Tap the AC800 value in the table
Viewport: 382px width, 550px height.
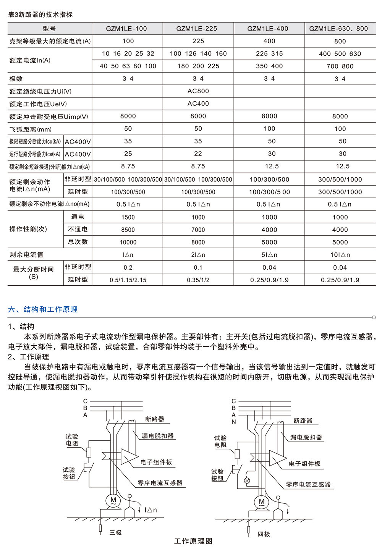coord(198,91)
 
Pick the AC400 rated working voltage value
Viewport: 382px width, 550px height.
coord(198,104)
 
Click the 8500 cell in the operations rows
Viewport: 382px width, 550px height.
coord(128,230)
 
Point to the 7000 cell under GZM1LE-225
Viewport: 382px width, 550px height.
coord(198,230)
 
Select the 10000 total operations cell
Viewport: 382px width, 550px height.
coord(128,243)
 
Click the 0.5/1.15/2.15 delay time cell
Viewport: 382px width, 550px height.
coord(128,280)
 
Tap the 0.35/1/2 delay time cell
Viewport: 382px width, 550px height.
coord(198,280)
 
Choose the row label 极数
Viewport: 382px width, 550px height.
coord(16,79)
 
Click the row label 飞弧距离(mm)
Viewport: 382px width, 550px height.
coord(30,129)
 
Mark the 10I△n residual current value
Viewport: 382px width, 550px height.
coord(340,255)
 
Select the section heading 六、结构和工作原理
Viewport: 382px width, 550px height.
coord(43,309)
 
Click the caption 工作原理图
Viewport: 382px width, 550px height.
coord(193,541)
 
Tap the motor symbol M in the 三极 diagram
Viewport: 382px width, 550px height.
coord(113,500)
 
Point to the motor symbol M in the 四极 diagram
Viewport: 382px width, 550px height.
coord(262,502)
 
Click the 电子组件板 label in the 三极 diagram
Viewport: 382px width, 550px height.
coord(156,462)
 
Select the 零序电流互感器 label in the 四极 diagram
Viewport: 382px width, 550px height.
coord(308,485)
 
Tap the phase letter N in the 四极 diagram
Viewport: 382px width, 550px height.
coord(234,422)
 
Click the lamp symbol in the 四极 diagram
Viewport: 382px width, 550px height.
coord(247,480)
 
